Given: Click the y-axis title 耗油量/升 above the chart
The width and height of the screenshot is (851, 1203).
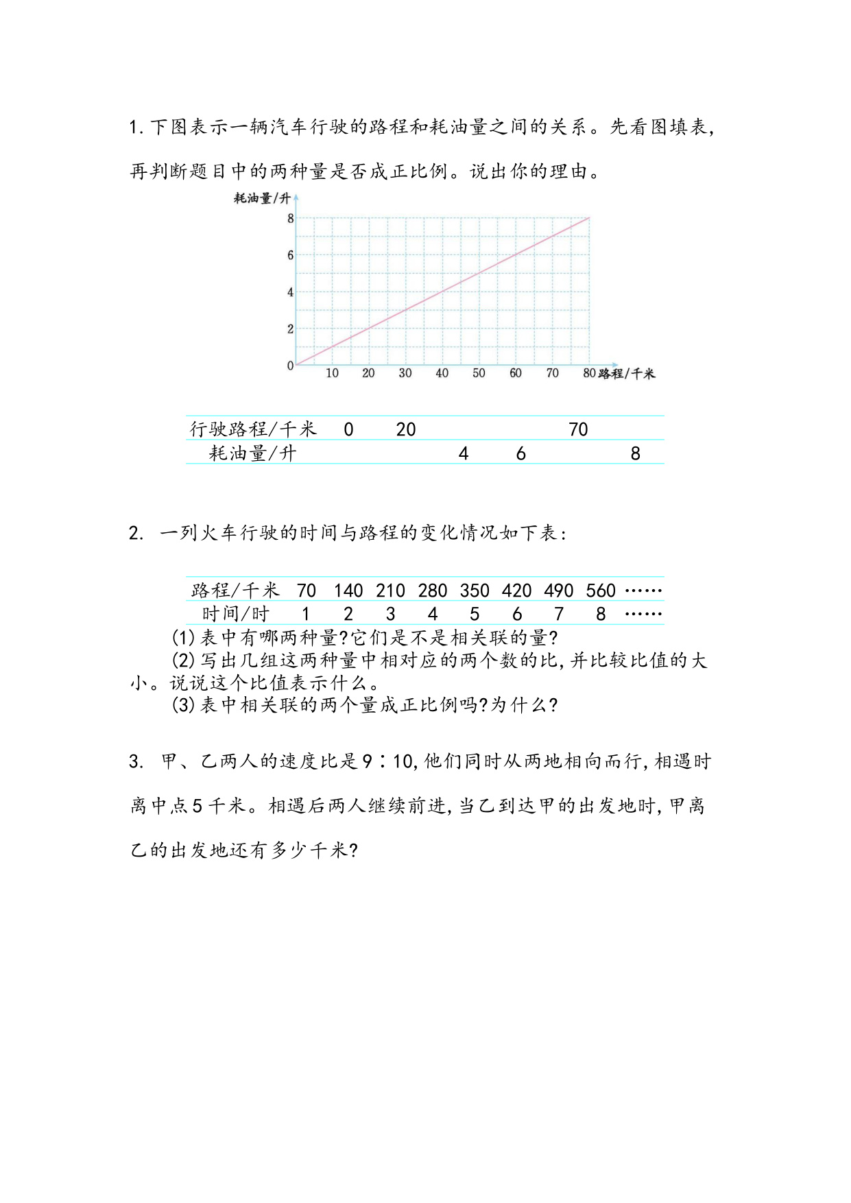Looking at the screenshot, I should (x=262, y=199).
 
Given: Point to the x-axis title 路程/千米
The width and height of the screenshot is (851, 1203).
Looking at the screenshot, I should (x=627, y=374).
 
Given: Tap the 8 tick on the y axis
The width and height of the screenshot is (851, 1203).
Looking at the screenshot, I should (x=291, y=219).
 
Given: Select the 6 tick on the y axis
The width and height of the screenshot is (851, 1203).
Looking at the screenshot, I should (x=291, y=255).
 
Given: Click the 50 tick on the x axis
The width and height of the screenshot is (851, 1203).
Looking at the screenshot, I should (x=479, y=374).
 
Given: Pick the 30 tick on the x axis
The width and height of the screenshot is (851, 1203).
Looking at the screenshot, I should (x=405, y=374).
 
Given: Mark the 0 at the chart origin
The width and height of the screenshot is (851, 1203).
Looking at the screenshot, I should (x=291, y=366).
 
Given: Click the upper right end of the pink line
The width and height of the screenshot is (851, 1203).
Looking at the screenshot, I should (x=588, y=218).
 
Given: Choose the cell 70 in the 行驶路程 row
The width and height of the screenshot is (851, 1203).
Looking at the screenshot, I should (x=578, y=430).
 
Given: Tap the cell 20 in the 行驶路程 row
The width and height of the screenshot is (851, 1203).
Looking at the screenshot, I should (x=406, y=430).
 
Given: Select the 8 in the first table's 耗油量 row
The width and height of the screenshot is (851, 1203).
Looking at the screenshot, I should (x=635, y=453).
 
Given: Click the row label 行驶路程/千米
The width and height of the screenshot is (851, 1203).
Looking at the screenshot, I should (x=253, y=429).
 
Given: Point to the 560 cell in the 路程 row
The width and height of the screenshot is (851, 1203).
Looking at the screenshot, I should (x=601, y=591).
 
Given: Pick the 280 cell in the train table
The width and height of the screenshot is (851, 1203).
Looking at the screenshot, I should (x=432, y=591).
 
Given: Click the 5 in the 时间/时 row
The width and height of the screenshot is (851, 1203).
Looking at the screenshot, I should (x=475, y=614).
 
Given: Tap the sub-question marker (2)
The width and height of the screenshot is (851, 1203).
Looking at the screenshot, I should (x=183, y=660).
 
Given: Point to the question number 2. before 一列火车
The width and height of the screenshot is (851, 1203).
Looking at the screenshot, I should (x=136, y=534).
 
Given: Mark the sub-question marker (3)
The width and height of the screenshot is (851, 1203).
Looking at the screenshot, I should (x=183, y=705).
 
